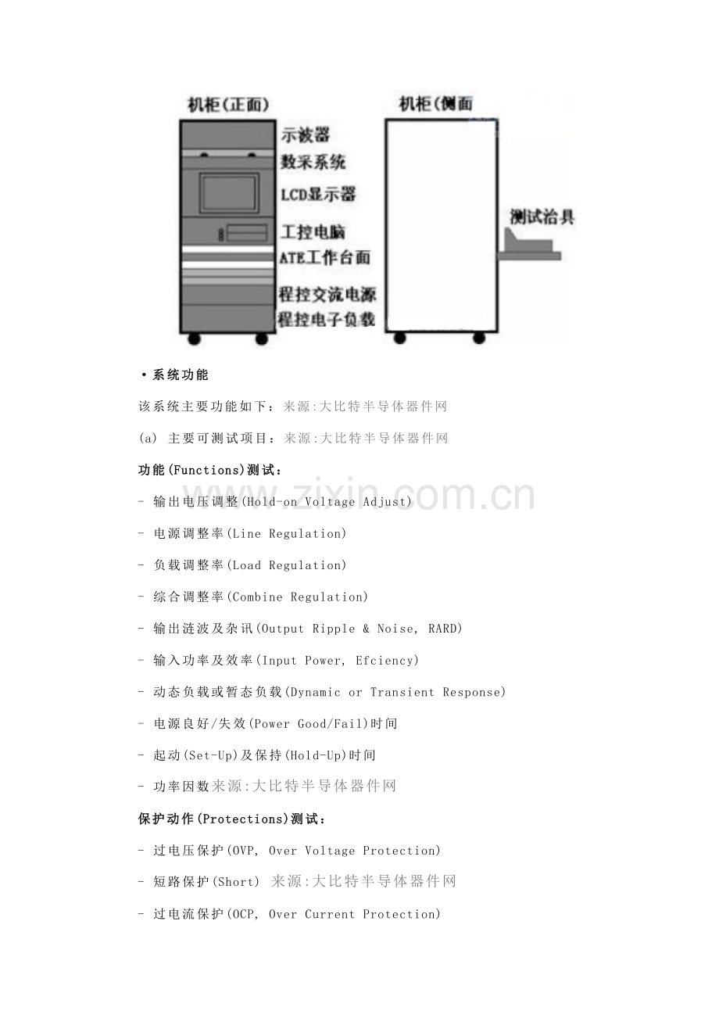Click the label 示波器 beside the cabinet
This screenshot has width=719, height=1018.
click(305, 134)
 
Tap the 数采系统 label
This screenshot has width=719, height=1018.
click(313, 161)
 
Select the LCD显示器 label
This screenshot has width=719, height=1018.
click(318, 195)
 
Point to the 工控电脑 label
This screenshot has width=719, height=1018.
click(313, 231)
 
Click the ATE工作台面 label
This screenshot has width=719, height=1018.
click(325, 257)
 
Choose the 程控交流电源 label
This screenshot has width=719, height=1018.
click(327, 294)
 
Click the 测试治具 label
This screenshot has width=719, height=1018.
click(542, 217)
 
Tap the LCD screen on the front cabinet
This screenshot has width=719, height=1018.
click(228, 192)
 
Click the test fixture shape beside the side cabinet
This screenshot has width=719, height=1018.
click(530, 248)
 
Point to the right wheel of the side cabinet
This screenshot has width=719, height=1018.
click(479, 338)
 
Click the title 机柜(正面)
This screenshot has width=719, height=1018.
click(228, 105)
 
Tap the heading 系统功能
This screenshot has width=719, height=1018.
click(180, 375)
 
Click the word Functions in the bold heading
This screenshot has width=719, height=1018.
click(206, 470)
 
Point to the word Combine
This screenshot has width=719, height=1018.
click(257, 597)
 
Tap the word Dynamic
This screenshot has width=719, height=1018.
click(315, 692)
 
